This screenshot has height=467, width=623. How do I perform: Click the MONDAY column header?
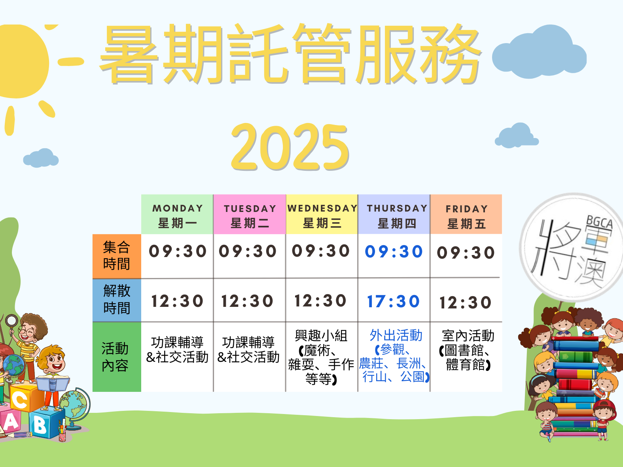177,214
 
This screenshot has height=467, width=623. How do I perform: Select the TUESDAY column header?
250,214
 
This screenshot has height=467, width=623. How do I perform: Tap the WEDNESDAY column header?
322,214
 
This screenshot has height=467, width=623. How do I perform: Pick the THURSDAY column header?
394,214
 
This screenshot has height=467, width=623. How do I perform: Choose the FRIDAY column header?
466,214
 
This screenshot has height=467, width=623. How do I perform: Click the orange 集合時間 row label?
117,256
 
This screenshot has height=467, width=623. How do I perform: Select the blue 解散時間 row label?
117,300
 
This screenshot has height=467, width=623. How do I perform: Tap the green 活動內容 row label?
117,357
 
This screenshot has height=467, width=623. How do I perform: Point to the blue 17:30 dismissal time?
394,301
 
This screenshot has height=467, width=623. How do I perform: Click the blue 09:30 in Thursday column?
394,251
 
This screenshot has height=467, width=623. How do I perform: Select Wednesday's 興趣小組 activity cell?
321,357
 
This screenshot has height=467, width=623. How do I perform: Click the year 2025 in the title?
290,147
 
